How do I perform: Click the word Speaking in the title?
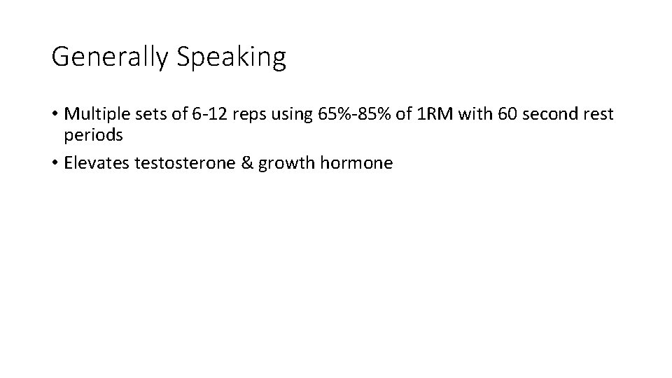pos(232,57)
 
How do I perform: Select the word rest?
pos(596,114)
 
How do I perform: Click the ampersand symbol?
pos(249,163)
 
